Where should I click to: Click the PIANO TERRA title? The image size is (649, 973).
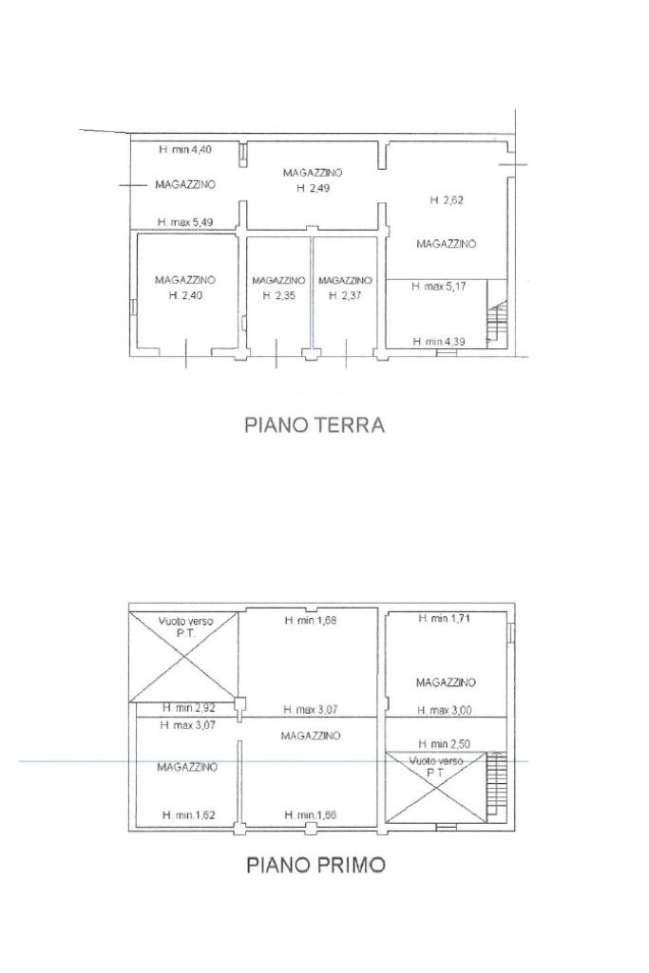315,425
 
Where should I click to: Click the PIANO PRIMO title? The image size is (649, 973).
315,865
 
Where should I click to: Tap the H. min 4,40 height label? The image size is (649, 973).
185,150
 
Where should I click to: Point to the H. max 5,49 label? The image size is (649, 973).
185,221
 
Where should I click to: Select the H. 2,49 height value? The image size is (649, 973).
313,188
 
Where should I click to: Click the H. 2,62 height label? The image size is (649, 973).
446,199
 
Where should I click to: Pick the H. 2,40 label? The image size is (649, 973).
185,295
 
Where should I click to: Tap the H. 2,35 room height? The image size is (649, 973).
278,295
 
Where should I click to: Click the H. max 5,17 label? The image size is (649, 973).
439,287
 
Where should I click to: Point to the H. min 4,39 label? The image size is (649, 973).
439,342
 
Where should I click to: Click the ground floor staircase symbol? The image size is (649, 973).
497,322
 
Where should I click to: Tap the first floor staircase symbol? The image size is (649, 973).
496,782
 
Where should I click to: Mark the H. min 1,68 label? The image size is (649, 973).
311,619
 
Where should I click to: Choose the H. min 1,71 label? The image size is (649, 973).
444,618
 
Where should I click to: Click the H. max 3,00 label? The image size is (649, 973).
444,710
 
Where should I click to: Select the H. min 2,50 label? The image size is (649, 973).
444,743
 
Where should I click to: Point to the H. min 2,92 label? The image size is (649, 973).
189,707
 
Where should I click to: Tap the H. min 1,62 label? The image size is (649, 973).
188,814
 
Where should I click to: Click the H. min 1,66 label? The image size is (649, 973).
311,814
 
